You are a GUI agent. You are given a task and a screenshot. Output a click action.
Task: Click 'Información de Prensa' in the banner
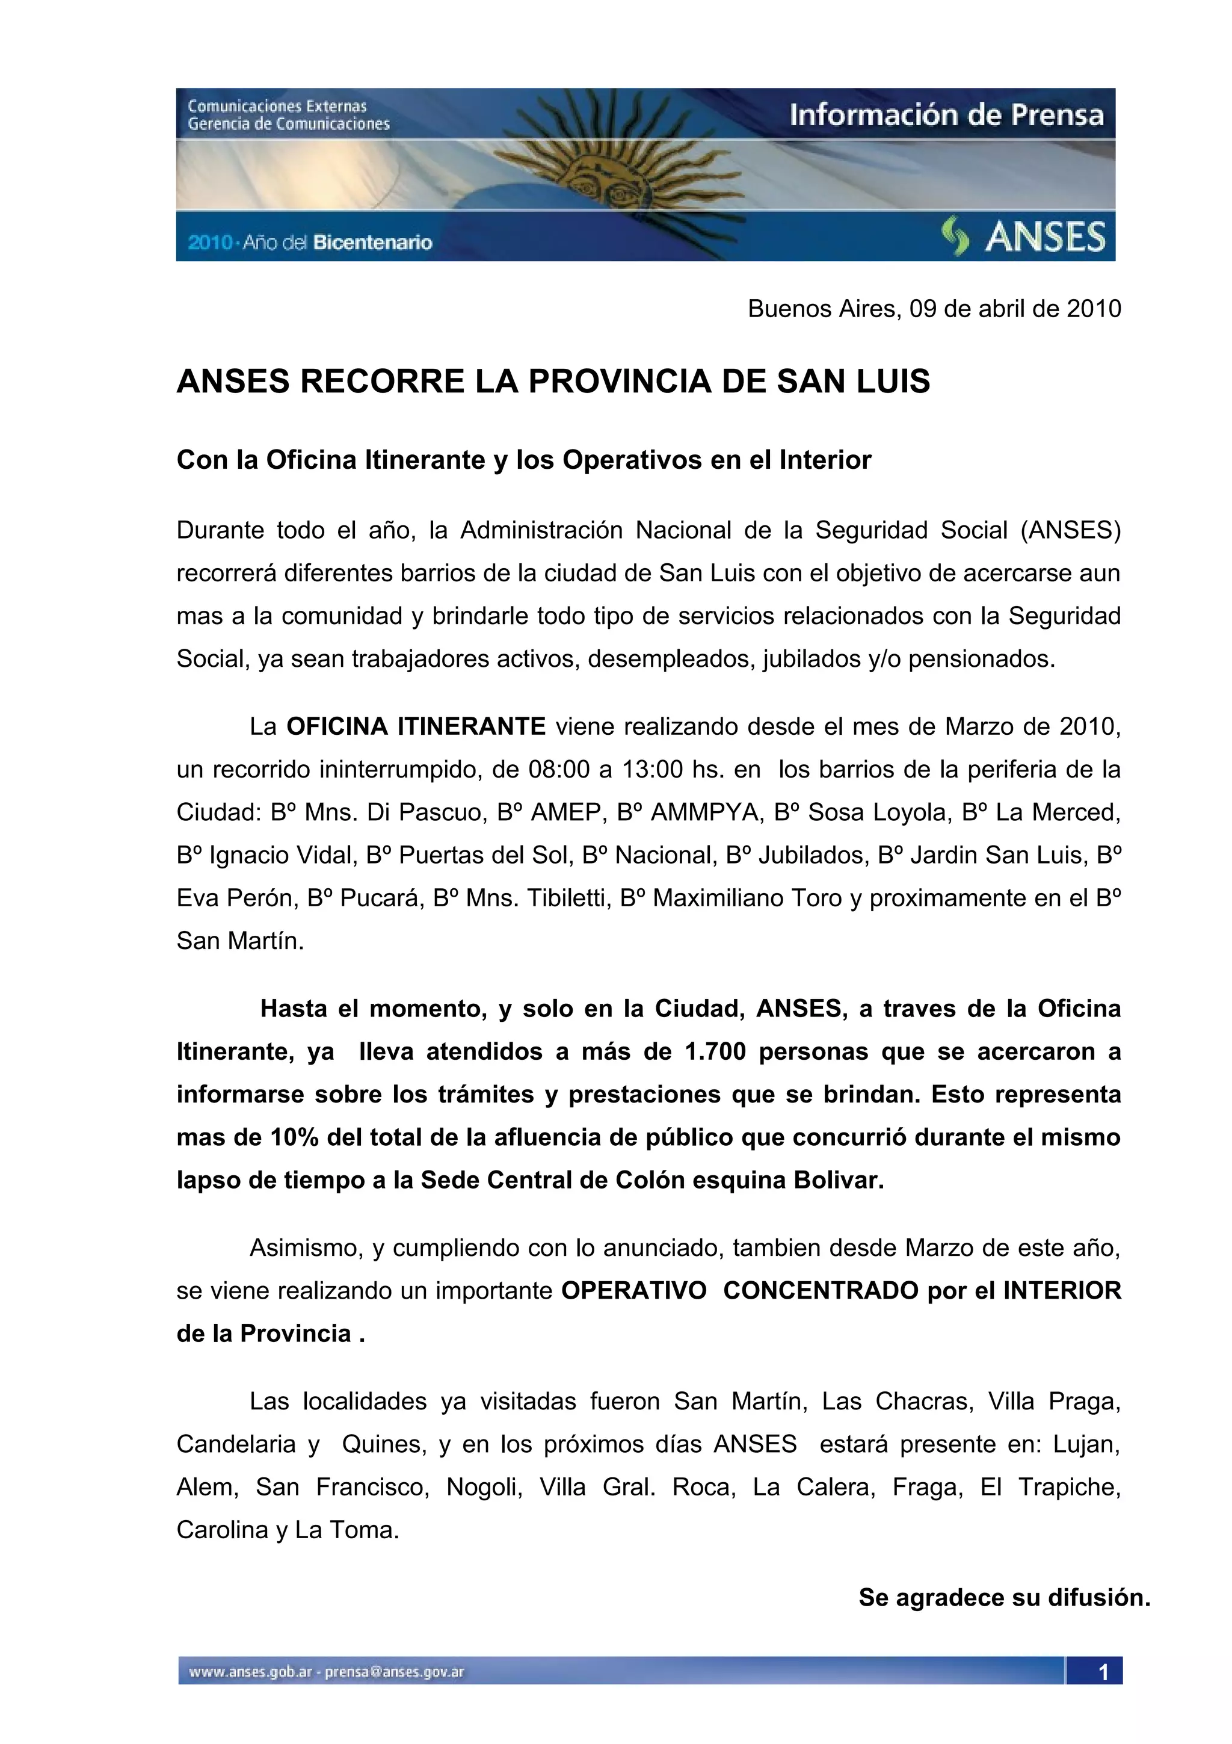click(x=946, y=116)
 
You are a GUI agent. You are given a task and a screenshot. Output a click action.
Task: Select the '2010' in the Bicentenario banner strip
click(x=209, y=243)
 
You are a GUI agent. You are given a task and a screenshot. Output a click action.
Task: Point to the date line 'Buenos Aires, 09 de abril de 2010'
click(x=934, y=308)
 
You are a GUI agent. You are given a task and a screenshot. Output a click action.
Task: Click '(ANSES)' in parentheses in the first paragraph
click(x=1070, y=530)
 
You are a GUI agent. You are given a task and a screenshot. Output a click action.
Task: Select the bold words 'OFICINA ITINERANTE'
click(x=416, y=727)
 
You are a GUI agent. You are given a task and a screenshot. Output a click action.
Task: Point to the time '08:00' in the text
click(x=559, y=770)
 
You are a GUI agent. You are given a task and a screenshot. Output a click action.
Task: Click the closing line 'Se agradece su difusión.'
click(x=1004, y=1597)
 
